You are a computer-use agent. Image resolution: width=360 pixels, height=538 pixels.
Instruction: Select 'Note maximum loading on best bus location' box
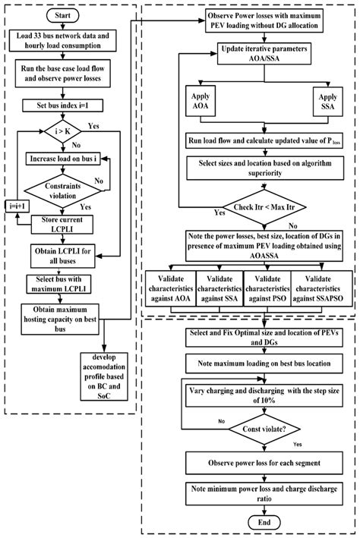pos(250,364)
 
